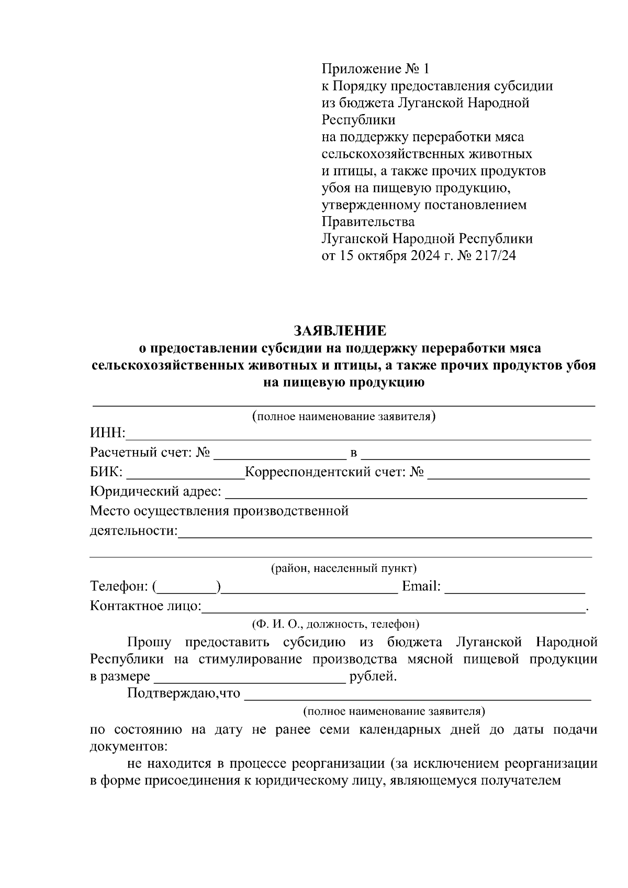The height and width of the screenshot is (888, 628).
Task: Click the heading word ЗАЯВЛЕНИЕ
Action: click(340, 331)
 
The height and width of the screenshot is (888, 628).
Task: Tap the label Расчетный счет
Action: click(141, 453)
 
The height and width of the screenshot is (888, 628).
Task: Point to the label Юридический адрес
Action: click(155, 492)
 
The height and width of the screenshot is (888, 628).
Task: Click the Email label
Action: click(421, 587)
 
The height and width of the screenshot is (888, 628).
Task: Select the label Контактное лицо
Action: click(145, 606)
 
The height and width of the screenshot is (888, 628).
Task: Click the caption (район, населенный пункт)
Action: click(343, 568)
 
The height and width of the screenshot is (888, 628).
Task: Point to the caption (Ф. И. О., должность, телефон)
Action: click(335, 624)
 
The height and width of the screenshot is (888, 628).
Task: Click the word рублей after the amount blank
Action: click(373, 677)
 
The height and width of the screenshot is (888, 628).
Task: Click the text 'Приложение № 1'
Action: click(375, 69)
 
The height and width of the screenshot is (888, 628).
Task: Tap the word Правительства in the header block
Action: click(368, 222)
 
